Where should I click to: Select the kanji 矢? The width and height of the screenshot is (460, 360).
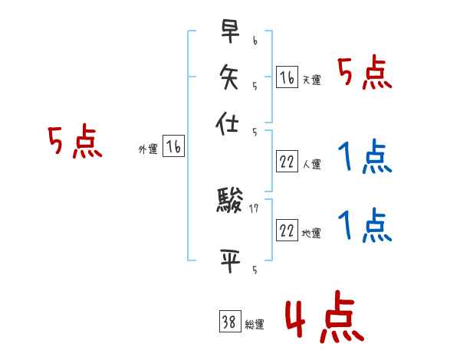point(229,77)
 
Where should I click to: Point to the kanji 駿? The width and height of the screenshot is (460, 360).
point(229,202)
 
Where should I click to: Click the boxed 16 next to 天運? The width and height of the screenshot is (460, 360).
point(287,77)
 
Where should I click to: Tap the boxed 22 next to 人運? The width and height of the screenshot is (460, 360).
point(287,162)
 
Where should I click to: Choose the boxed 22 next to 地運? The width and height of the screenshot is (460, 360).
point(287,231)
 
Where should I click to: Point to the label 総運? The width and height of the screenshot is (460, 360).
point(255,324)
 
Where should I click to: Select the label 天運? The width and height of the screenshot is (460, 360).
point(311,80)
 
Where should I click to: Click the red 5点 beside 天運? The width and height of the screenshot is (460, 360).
point(365,74)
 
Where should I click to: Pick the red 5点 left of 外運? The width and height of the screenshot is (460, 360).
point(74,142)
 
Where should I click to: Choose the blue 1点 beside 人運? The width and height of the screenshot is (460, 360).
point(365,158)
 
